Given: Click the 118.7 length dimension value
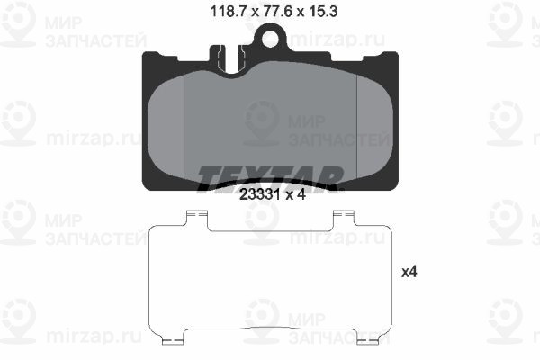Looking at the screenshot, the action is tap(228, 12).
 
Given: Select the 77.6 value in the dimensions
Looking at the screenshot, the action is tap(277, 12).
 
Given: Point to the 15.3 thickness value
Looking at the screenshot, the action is tap(323, 12).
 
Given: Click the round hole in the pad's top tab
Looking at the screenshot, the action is tap(270, 39).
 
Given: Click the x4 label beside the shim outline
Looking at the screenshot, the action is tap(409, 272).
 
